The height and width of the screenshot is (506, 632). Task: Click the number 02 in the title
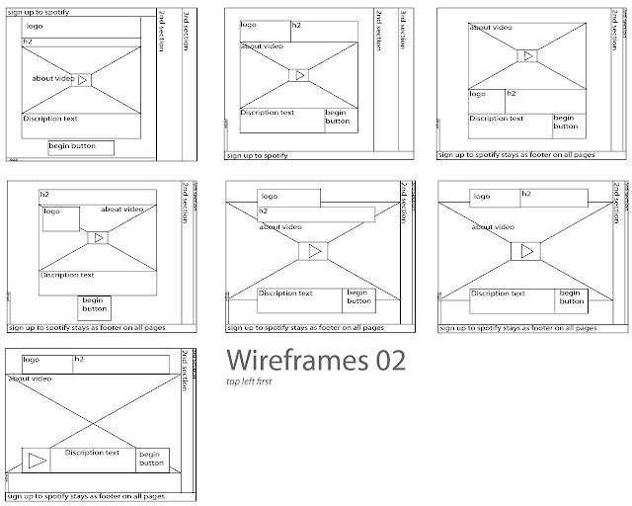(386, 361)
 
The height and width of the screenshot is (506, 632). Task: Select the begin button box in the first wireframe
(81, 147)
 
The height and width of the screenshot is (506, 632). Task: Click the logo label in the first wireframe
(36, 26)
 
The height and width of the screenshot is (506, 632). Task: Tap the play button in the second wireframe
(299, 75)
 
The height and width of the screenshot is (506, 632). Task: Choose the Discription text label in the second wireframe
(268, 113)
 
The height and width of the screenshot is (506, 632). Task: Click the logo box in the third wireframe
(485, 100)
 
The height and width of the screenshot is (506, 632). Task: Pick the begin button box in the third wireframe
(565, 122)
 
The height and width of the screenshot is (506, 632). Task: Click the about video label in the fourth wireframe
(123, 210)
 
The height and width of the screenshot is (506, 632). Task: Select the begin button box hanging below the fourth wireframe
(94, 306)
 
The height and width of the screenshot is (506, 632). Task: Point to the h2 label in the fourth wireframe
(45, 194)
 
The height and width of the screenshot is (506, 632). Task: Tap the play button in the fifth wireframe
(314, 251)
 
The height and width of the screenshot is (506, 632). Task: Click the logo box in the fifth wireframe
(288, 198)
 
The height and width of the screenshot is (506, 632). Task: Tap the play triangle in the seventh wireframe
(38, 461)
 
